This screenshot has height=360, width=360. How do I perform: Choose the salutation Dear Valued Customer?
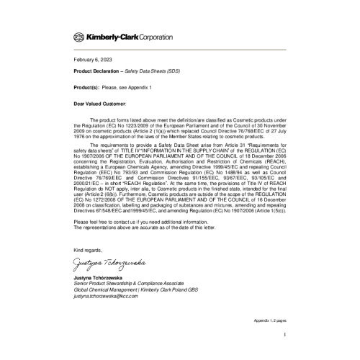pos(100,104)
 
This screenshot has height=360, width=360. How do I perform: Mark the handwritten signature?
pos(115,261)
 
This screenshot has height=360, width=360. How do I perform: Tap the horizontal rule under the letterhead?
pos(180,48)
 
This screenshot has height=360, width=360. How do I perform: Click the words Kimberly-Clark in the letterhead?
pos(111,36)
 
